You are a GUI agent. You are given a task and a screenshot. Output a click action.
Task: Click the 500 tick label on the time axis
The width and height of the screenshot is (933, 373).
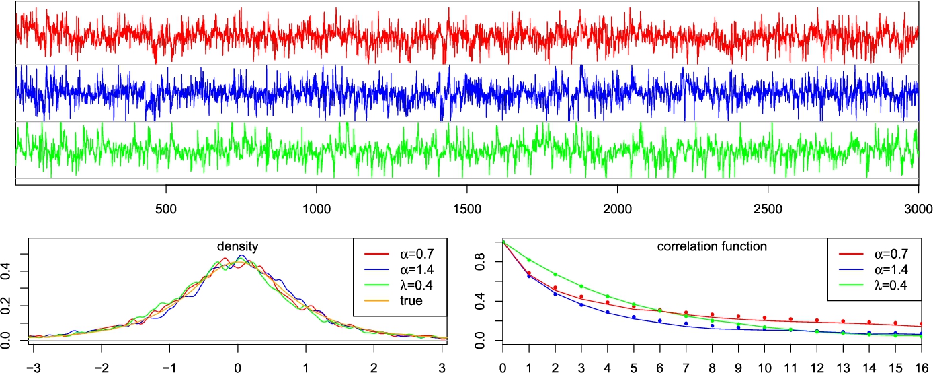tap(165, 209)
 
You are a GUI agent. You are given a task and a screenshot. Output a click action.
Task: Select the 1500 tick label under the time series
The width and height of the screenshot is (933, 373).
tap(466, 209)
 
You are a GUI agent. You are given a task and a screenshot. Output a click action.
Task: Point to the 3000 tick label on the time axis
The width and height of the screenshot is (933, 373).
tap(918, 209)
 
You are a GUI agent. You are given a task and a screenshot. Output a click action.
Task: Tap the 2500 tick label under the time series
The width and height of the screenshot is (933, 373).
tap(768, 209)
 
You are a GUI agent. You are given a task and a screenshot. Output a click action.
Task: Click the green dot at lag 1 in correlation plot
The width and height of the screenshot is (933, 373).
tap(529, 260)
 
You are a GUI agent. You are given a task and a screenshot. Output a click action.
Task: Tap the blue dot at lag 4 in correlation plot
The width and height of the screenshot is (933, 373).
tap(608, 312)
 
